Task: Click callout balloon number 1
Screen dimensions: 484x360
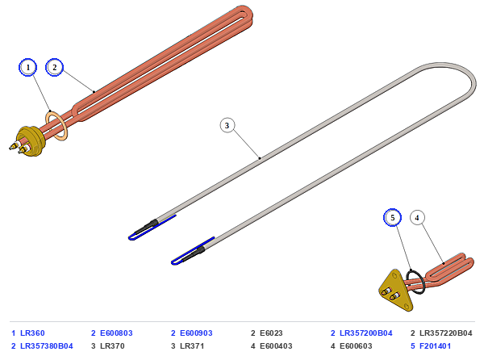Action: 27,67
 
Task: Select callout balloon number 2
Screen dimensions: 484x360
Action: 54,67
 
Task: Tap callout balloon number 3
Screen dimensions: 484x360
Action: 227,125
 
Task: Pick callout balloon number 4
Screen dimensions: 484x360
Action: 417,218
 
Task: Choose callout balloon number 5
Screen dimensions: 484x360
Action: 392,218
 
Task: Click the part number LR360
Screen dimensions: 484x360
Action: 32,333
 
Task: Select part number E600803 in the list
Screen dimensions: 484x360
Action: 116,333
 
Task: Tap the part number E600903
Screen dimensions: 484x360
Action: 196,333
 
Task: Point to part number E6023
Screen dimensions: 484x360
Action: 271,333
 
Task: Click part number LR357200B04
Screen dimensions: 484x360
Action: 366,333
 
